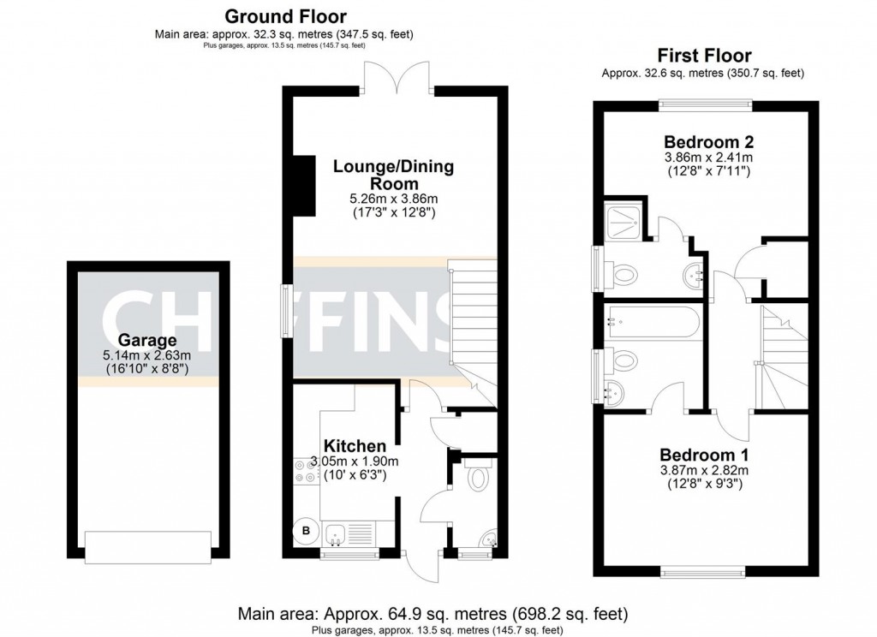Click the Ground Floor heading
[285, 16]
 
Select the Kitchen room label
[355, 446]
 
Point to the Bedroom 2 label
[708, 141]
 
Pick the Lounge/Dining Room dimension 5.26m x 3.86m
[385, 199]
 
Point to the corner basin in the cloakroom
[487, 538]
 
